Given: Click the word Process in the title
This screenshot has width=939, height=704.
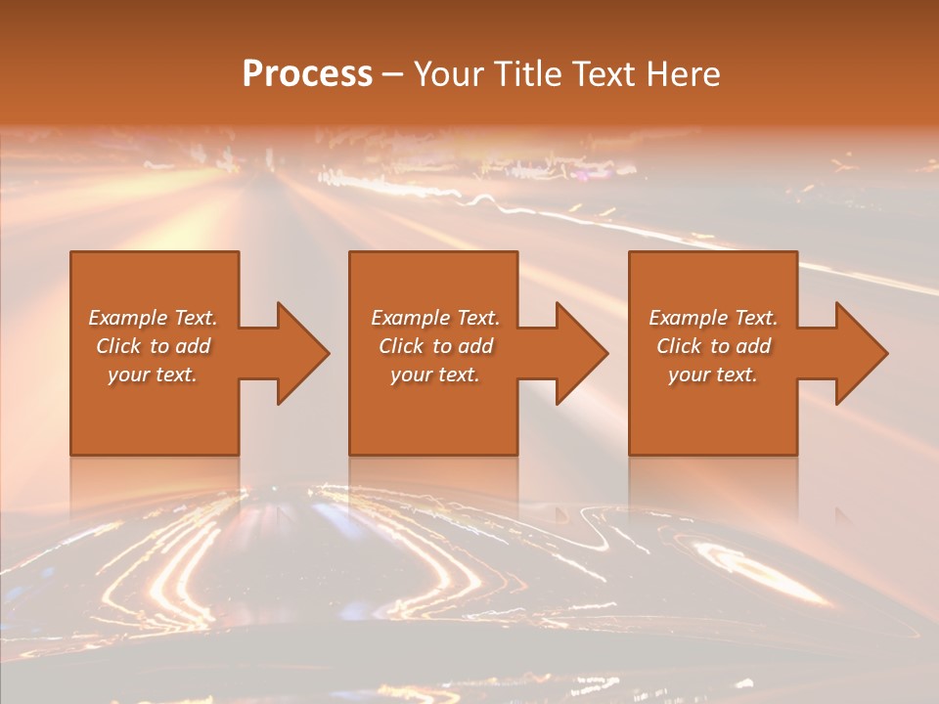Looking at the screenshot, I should pyautogui.click(x=307, y=74).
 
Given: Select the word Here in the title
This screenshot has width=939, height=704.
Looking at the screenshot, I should pyautogui.click(x=684, y=74).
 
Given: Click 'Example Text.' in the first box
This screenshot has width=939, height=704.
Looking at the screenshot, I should pyautogui.click(x=153, y=318).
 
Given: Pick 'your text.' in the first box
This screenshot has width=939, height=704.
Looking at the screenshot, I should pyautogui.click(x=153, y=374).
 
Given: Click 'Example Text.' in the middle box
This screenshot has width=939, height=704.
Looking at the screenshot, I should pyautogui.click(x=435, y=318).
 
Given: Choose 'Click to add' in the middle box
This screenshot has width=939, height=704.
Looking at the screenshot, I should pyautogui.click(x=435, y=346).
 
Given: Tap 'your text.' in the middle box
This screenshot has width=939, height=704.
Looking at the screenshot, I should pyautogui.click(x=435, y=374).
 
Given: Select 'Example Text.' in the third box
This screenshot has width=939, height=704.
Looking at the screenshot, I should pyautogui.click(x=713, y=318).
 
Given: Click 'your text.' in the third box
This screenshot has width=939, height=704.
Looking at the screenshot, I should pyautogui.click(x=713, y=374).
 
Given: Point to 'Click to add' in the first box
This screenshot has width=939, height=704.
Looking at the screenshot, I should pyautogui.click(x=153, y=346).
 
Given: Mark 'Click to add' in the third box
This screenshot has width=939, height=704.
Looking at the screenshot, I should pyautogui.click(x=713, y=346).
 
